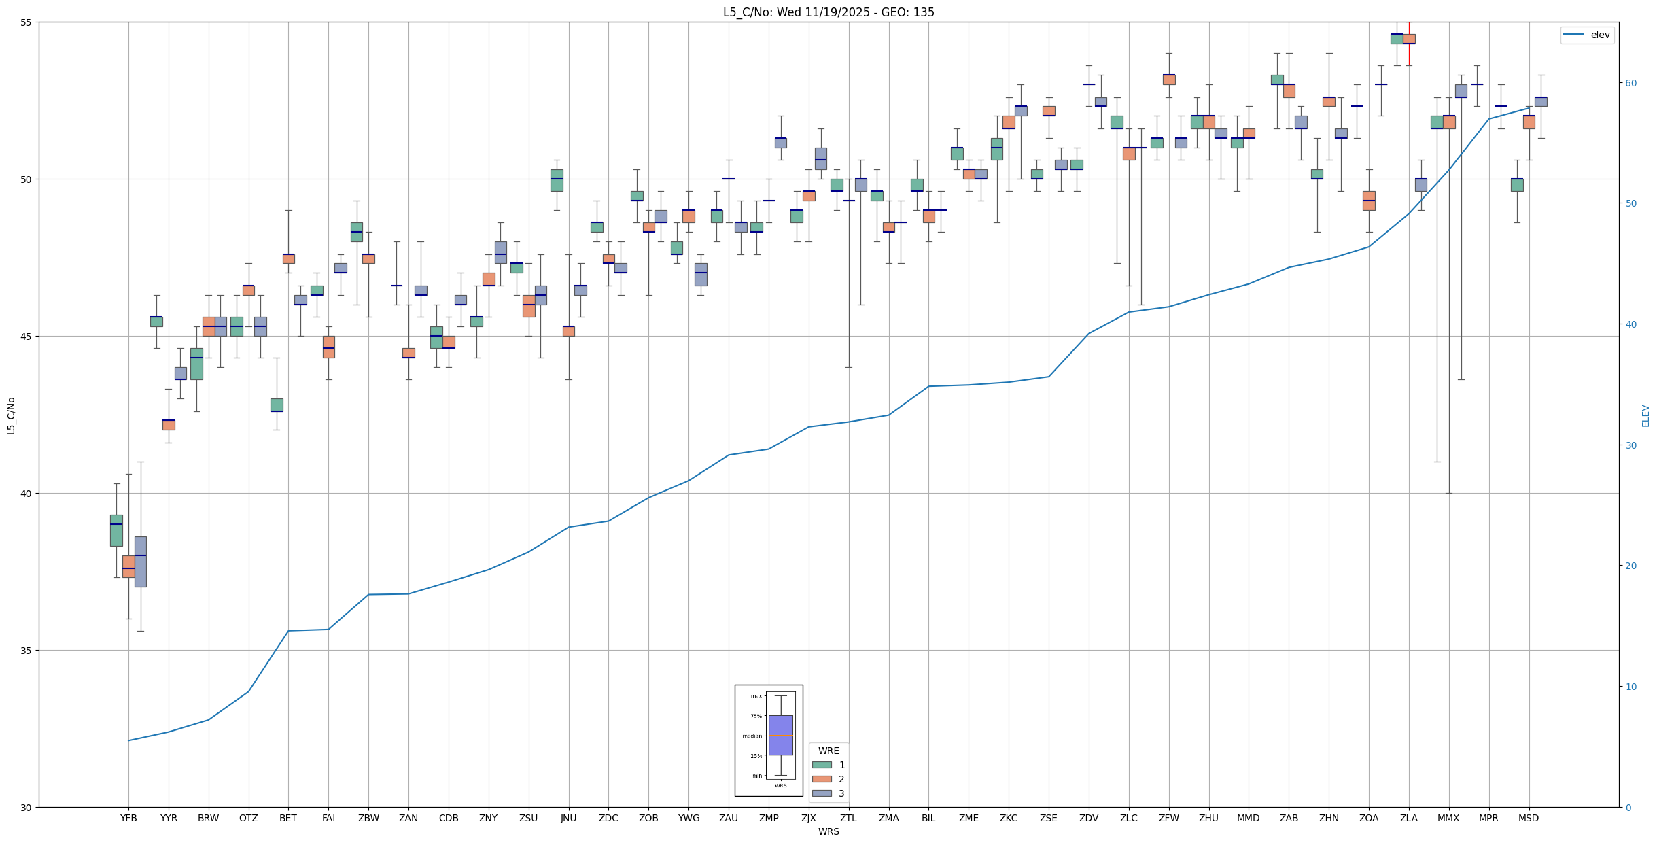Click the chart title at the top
click(828, 12)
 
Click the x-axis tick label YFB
click(128, 818)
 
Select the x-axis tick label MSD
click(1529, 818)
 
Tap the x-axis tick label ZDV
click(1089, 818)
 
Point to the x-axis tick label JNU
click(568, 818)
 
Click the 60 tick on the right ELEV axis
click(1630, 83)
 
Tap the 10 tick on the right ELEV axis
click(1630, 687)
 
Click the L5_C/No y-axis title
click(11, 415)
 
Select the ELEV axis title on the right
click(1645, 415)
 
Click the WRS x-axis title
click(828, 831)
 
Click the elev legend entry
click(1587, 35)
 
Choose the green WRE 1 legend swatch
click(822, 765)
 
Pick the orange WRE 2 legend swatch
click(822, 779)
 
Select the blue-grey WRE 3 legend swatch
click(822, 793)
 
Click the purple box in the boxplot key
click(780, 735)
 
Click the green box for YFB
click(116, 530)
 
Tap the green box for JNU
click(557, 180)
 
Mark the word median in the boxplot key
click(752, 736)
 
